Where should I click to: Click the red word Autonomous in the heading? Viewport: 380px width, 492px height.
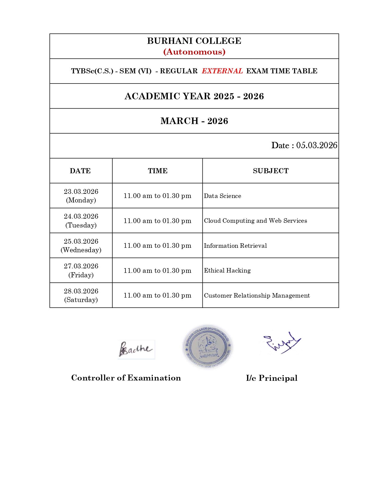pyautogui.click(x=194, y=52)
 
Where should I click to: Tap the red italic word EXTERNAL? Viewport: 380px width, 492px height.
pyautogui.click(x=222, y=71)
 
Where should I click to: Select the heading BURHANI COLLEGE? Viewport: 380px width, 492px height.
pyautogui.click(x=194, y=41)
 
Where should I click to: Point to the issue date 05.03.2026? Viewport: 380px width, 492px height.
pyautogui.click(x=317, y=146)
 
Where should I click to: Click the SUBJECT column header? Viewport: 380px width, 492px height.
pyautogui.click(x=271, y=171)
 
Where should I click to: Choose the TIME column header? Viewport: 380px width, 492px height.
pyautogui.click(x=158, y=171)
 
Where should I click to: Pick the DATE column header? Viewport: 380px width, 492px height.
pyautogui.click(x=80, y=171)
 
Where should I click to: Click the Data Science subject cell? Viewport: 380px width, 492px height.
pyautogui.click(x=223, y=196)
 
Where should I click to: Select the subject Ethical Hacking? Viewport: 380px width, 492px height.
pyautogui.click(x=227, y=270)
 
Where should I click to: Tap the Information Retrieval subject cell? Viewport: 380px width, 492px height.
pyautogui.click(x=235, y=246)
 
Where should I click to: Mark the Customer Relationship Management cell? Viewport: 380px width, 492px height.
pyautogui.click(x=257, y=295)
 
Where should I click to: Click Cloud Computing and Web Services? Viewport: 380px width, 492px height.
pyautogui.click(x=255, y=221)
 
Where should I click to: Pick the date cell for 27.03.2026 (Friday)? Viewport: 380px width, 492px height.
pyautogui.click(x=81, y=270)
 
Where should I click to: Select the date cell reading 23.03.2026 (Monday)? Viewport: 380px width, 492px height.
pyautogui.click(x=81, y=196)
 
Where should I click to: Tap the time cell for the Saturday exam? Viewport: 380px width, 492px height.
pyautogui.click(x=157, y=295)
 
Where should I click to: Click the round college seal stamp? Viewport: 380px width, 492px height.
pyautogui.click(x=208, y=347)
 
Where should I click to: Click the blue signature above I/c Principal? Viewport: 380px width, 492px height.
pyautogui.click(x=282, y=342)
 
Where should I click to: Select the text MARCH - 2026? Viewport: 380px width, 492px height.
pyautogui.click(x=194, y=121)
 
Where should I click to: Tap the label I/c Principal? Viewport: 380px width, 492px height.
pyautogui.click(x=272, y=378)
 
